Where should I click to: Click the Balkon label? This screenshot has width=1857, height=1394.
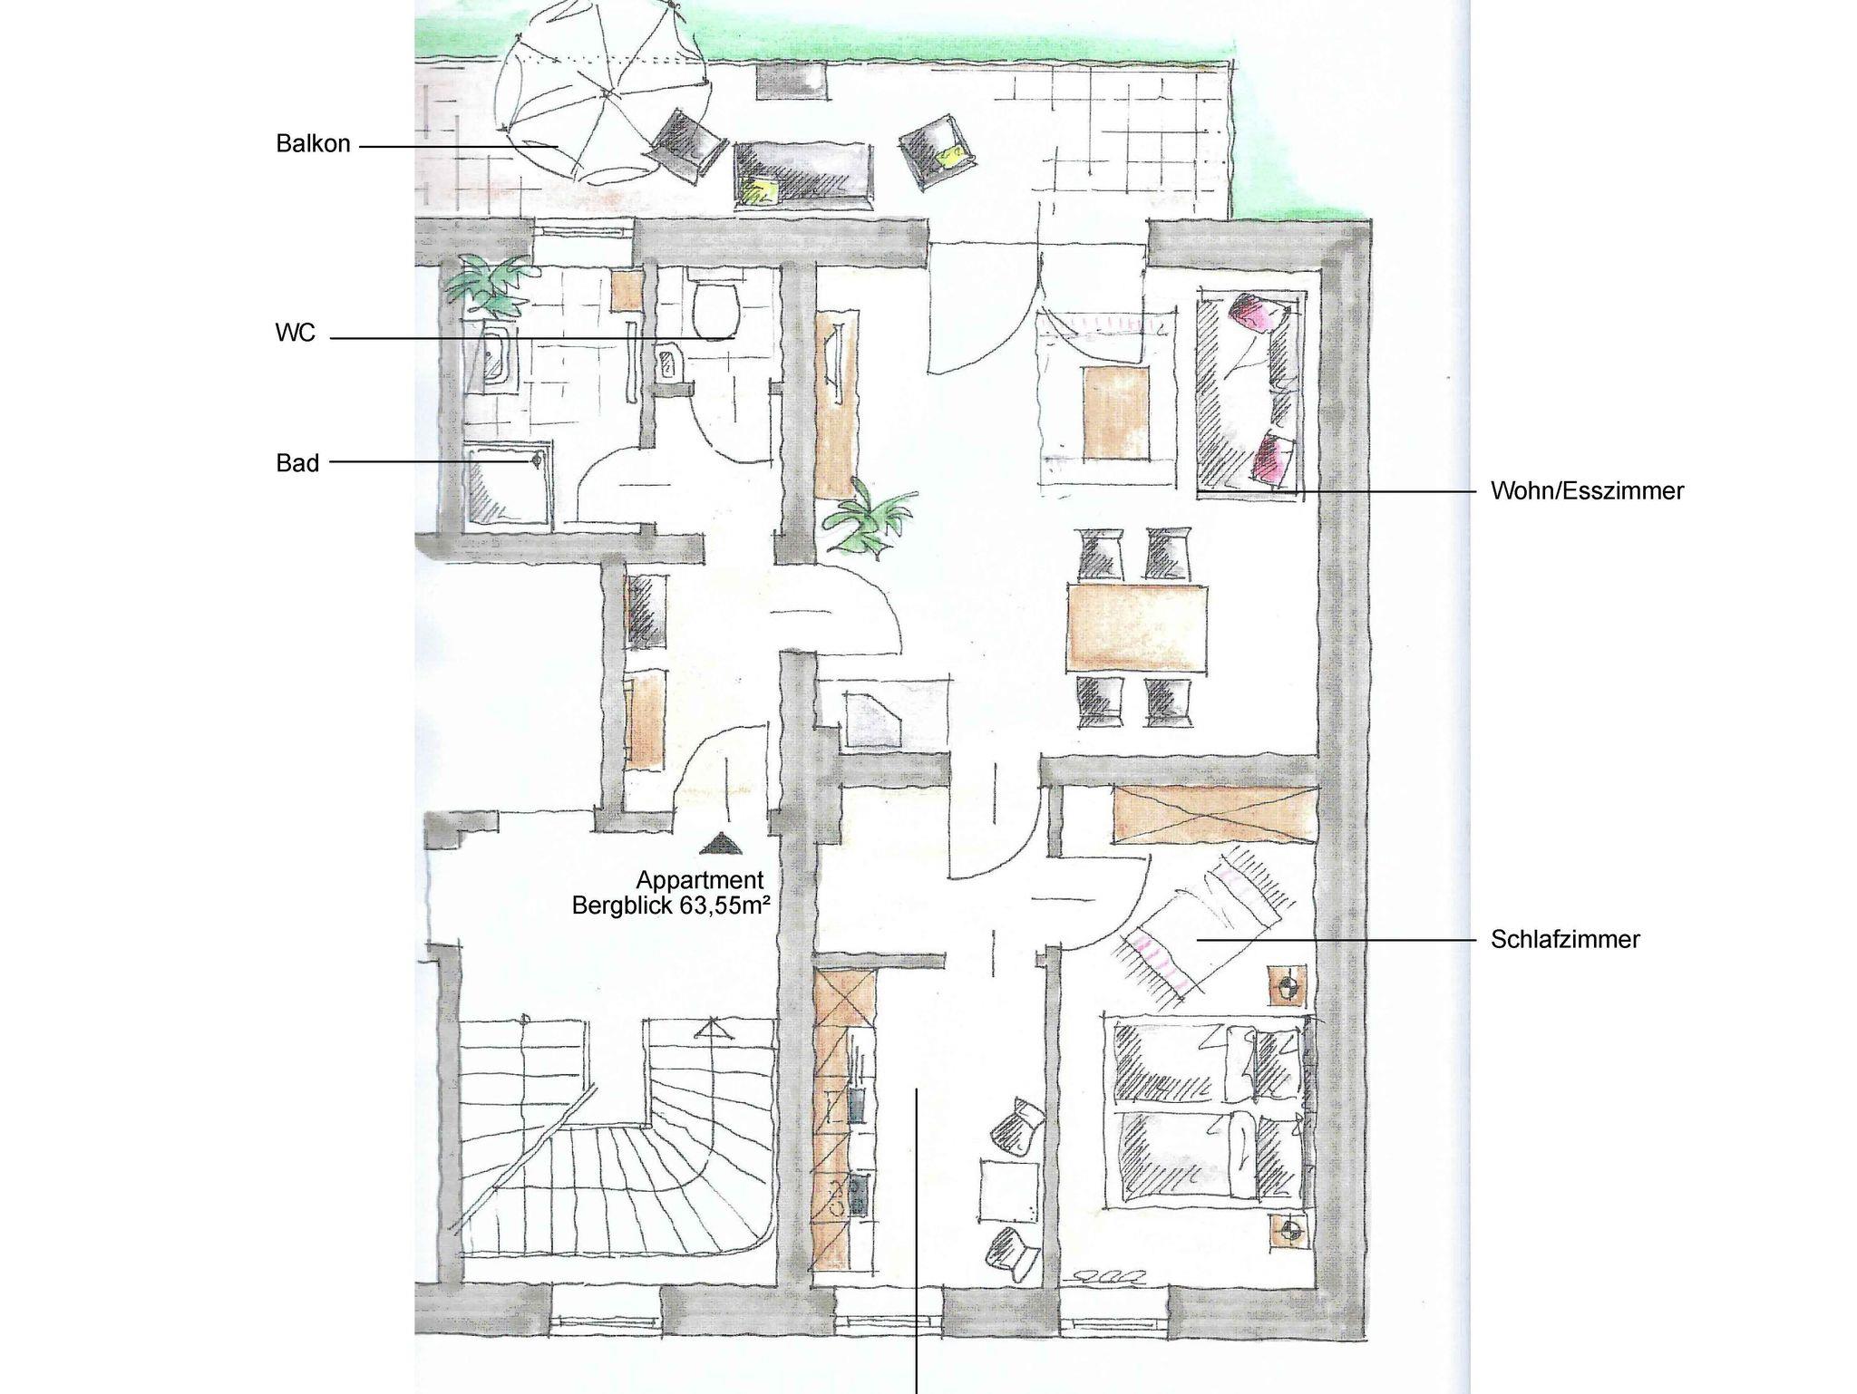313,143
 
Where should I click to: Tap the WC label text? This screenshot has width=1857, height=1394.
296,333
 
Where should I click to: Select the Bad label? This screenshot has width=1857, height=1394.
297,463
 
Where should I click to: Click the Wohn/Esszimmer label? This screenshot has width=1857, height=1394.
1587,491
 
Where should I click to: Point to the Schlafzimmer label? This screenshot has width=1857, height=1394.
1565,939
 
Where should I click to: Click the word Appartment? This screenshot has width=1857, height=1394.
700,879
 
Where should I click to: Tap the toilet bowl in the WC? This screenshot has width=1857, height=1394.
715,307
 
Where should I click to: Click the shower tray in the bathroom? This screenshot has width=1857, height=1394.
508,484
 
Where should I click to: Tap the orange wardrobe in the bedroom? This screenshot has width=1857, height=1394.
1213,815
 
